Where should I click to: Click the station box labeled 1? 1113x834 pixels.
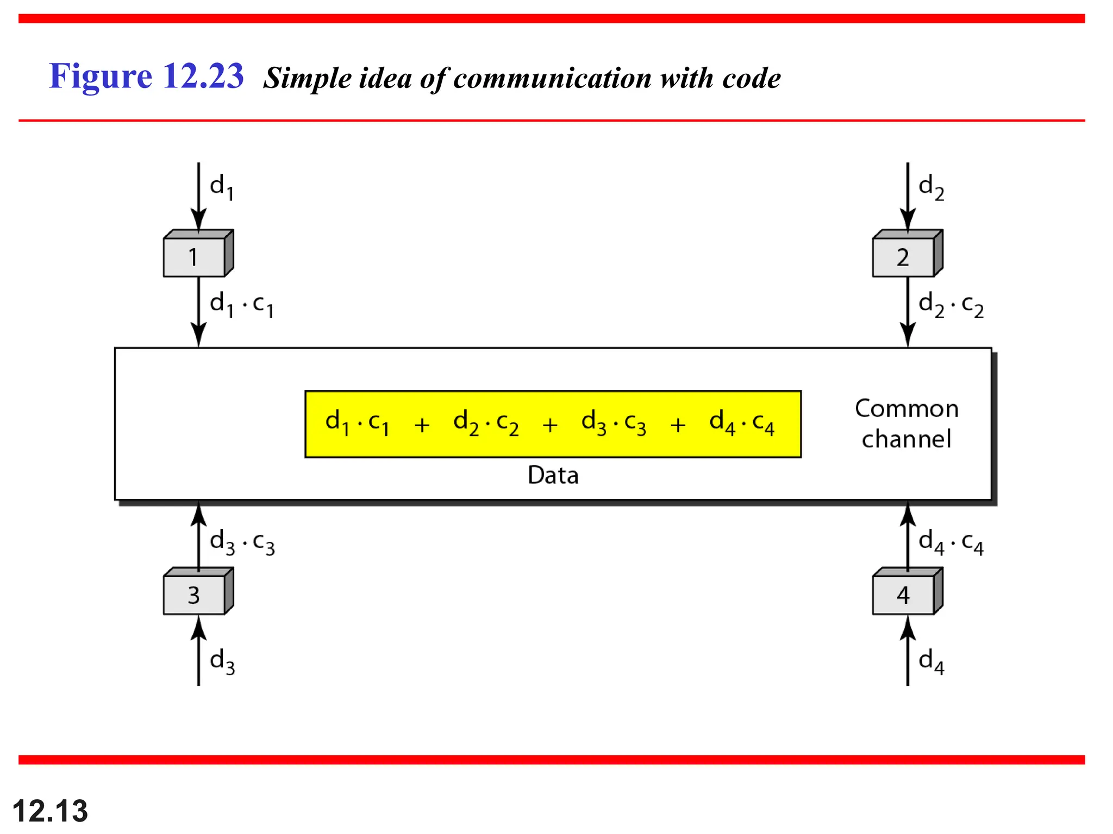pyautogui.click(x=195, y=257)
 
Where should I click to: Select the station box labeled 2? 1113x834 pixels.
pyautogui.click(x=903, y=257)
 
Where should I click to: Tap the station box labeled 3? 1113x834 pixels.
pyautogui.click(x=195, y=595)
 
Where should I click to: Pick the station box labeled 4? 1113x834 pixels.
pyautogui.click(x=903, y=595)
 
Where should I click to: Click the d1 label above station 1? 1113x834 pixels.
pyautogui.click(x=222, y=187)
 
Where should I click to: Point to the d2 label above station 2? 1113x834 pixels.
pyautogui.click(x=931, y=187)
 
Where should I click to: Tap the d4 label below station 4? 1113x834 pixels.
pyautogui.click(x=931, y=661)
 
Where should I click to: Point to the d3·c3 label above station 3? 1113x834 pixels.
pyautogui.click(x=242, y=542)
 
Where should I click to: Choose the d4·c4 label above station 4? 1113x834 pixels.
pyautogui.click(x=951, y=542)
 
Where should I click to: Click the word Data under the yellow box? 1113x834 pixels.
pyautogui.click(x=553, y=475)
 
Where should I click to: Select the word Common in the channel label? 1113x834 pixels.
pyautogui.click(x=906, y=408)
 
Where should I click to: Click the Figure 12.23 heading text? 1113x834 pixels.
pyautogui.click(x=146, y=75)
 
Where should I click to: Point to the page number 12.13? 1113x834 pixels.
pyautogui.click(x=50, y=811)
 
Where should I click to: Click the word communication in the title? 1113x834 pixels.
pyautogui.click(x=552, y=78)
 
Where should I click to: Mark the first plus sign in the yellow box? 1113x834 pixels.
pyautogui.click(x=422, y=425)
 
